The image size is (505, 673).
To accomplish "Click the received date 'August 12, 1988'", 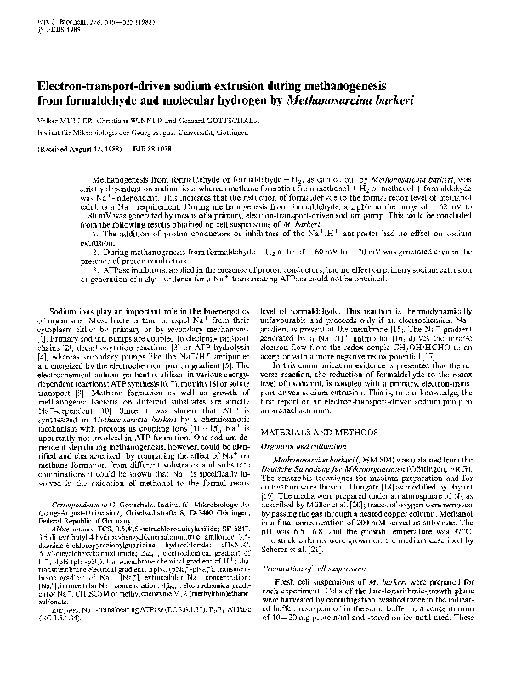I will point(85,147).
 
